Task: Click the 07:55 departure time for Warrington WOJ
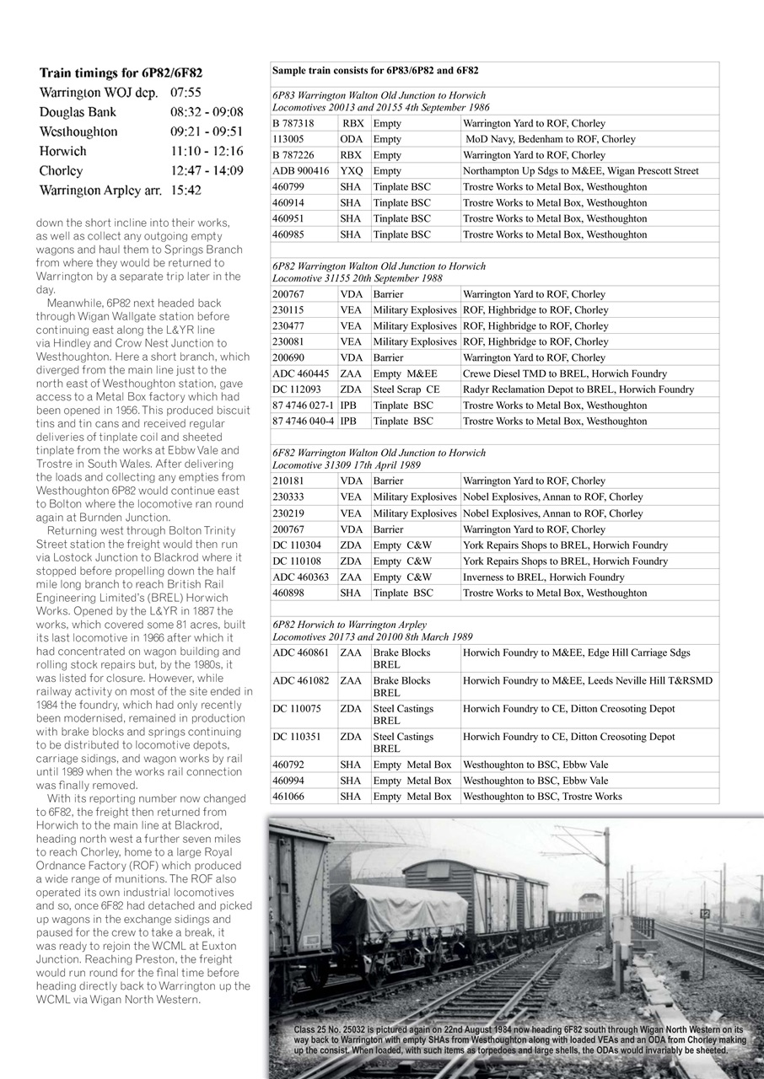point(186,93)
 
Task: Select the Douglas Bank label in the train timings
point(78,112)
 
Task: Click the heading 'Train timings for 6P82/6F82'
point(120,73)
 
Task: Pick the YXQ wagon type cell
point(352,171)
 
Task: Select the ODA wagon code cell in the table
point(352,139)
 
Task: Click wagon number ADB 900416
point(301,171)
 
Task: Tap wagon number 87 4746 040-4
point(304,421)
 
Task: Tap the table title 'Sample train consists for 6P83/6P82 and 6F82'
point(374,71)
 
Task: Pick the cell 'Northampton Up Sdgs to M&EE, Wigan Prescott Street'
point(581,171)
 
